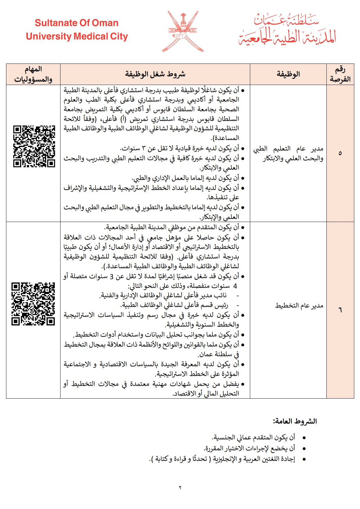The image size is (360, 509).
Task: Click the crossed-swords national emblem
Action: click(183, 31)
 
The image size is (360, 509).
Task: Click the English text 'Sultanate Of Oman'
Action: click(77, 23)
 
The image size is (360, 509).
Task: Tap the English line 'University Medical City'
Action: click(77, 37)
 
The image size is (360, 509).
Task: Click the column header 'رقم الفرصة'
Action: click(340, 74)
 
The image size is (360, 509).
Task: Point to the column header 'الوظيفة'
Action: click(288, 74)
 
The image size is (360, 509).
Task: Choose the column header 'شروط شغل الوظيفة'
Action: click(155, 74)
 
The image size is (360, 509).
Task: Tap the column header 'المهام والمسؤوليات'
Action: click(33, 74)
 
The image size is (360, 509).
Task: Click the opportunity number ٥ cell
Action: click(340, 153)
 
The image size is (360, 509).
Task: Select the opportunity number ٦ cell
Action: click(340, 310)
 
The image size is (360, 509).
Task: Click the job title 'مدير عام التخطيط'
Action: click(299, 306)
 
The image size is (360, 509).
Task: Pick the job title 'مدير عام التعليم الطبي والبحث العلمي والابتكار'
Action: click(288, 153)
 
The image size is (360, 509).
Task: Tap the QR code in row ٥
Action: click(34, 146)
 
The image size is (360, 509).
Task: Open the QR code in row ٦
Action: click(33, 304)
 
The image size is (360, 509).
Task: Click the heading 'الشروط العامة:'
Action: click(295, 421)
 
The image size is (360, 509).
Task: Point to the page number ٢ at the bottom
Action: click(180, 488)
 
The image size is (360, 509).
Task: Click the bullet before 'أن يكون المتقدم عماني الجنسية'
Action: click(304, 438)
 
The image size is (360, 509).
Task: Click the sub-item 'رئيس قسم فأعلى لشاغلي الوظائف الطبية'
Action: click(175, 305)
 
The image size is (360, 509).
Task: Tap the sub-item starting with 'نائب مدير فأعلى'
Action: click(163, 295)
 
